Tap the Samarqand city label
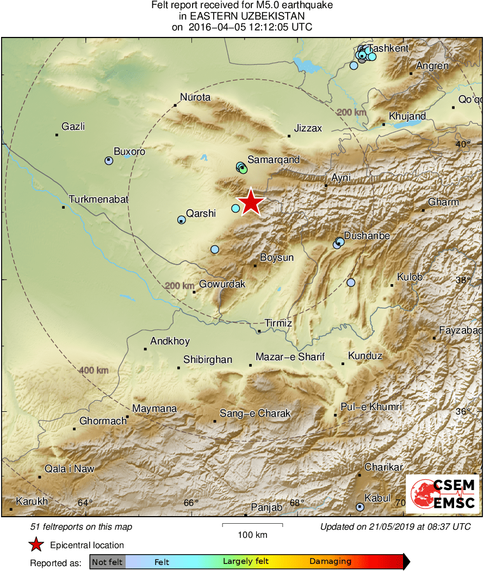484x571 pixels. pyautogui.click(x=274, y=160)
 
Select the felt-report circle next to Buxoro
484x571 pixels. pyautogui.click(x=109, y=160)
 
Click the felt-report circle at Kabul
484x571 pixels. pyautogui.click(x=359, y=507)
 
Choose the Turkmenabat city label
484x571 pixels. pyautogui.click(x=98, y=199)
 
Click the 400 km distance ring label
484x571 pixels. pyautogui.click(x=94, y=371)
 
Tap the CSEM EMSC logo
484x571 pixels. pyautogui.click(x=443, y=494)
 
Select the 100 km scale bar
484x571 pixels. pyautogui.click(x=252, y=525)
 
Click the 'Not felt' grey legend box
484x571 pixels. pyautogui.click(x=108, y=562)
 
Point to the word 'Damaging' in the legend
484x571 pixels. pyautogui.click(x=331, y=562)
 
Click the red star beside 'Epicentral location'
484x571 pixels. pyautogui.click(x=36, y=545)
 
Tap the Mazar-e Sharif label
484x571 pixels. pyautogui.click(x=290, y=357)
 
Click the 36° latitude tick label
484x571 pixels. pyautogui.click(x=463, y=412)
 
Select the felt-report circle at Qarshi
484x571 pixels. pyautogui.click(x=181, y=219)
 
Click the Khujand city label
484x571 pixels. pyautogui.click(x=407, y=117)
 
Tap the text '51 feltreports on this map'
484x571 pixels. pyautogui.click(x=82, y=527)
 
